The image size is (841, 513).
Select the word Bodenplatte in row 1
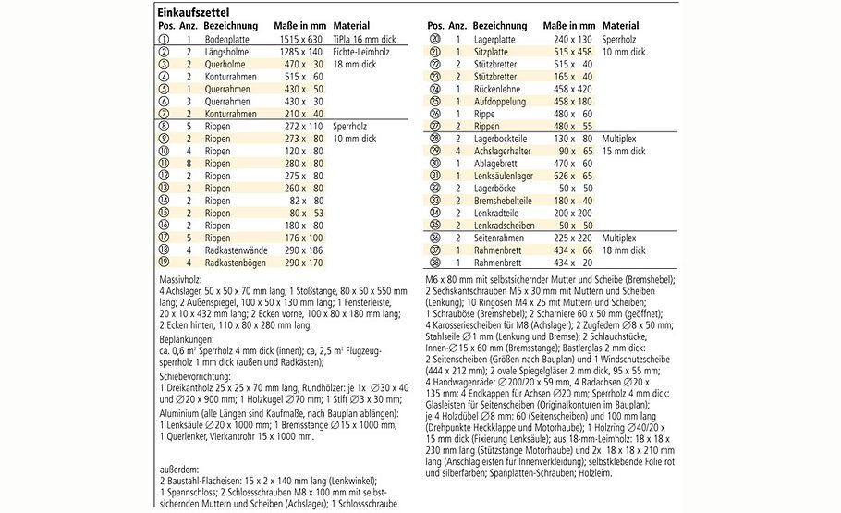231,41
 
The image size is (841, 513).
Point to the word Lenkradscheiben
506,225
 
